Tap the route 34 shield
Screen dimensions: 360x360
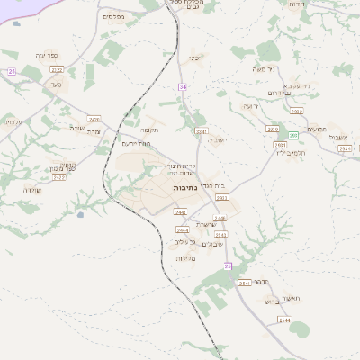click(x=183, y=86)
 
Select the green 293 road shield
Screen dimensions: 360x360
click(x=292, y=135)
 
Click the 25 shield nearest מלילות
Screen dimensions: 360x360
click(x=228, y=265)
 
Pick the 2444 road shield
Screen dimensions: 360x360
click(x=183, y=230)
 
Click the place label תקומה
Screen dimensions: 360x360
click(x=149, y=130)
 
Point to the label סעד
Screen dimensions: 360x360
click(x=56, y=86)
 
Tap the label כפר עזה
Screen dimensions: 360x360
click(x=47, y=55)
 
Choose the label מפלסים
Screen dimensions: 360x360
click(x=114, y=16)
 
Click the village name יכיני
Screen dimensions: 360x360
click(x=193, y=58)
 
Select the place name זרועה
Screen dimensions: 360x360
click(x=251, y=106)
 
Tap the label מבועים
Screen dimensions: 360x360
click(x=316, y=129)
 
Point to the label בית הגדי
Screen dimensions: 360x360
click(x=212, y=185)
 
